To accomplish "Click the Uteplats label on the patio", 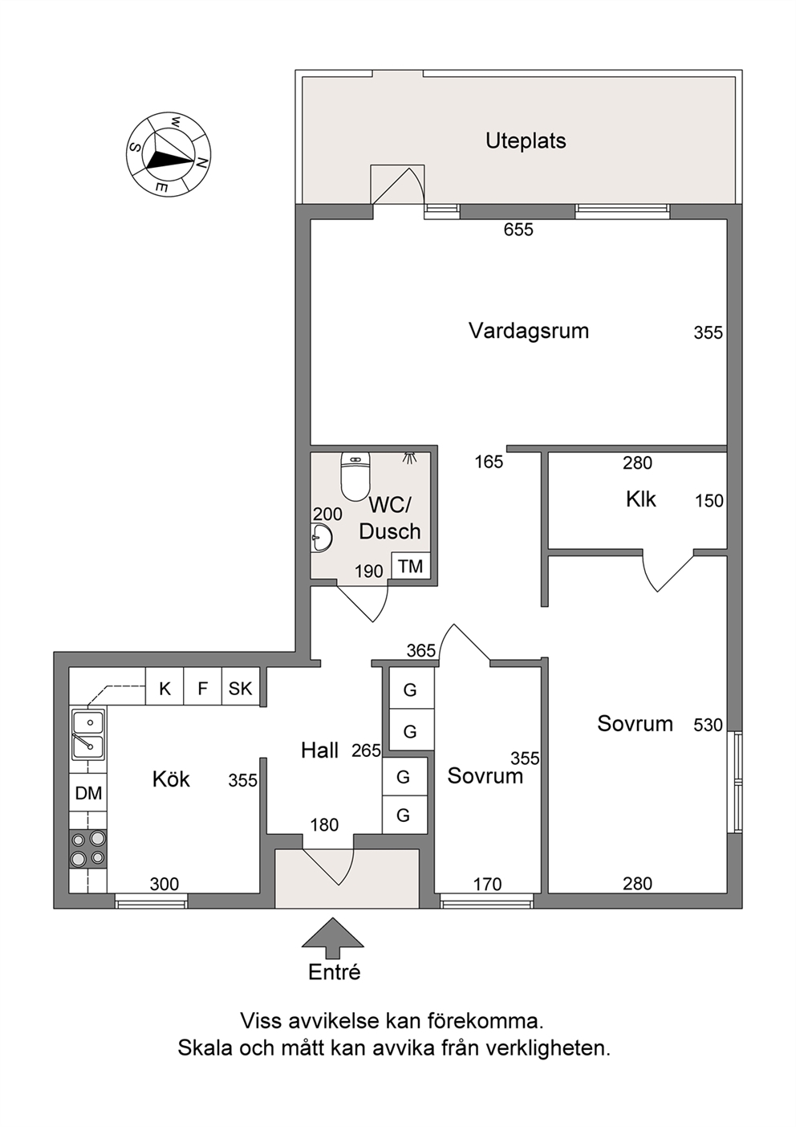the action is coord(526,141).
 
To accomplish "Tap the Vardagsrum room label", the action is coord(529,331).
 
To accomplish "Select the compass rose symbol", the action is coord(169,154).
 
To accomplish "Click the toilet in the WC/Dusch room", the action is coord(355,477).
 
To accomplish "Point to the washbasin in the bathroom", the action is coord(321,538).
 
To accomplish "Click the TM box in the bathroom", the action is coord(410,566).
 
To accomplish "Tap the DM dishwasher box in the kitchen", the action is coord(88,793).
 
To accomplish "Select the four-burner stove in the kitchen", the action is coord(88,848).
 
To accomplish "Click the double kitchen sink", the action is coord(88,734).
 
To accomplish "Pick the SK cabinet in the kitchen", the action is coord(241,688).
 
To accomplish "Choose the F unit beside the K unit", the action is coord(203,688).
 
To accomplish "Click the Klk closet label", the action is coord(641,499).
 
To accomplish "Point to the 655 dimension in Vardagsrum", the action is coord(518,230).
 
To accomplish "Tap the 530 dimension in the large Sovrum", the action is coord(708,725).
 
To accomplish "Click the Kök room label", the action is coord(171,779).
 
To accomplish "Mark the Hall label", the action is coord(320,751).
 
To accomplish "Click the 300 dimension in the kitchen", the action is coord(164,884).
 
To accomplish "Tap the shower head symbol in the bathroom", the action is coord(409,457).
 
